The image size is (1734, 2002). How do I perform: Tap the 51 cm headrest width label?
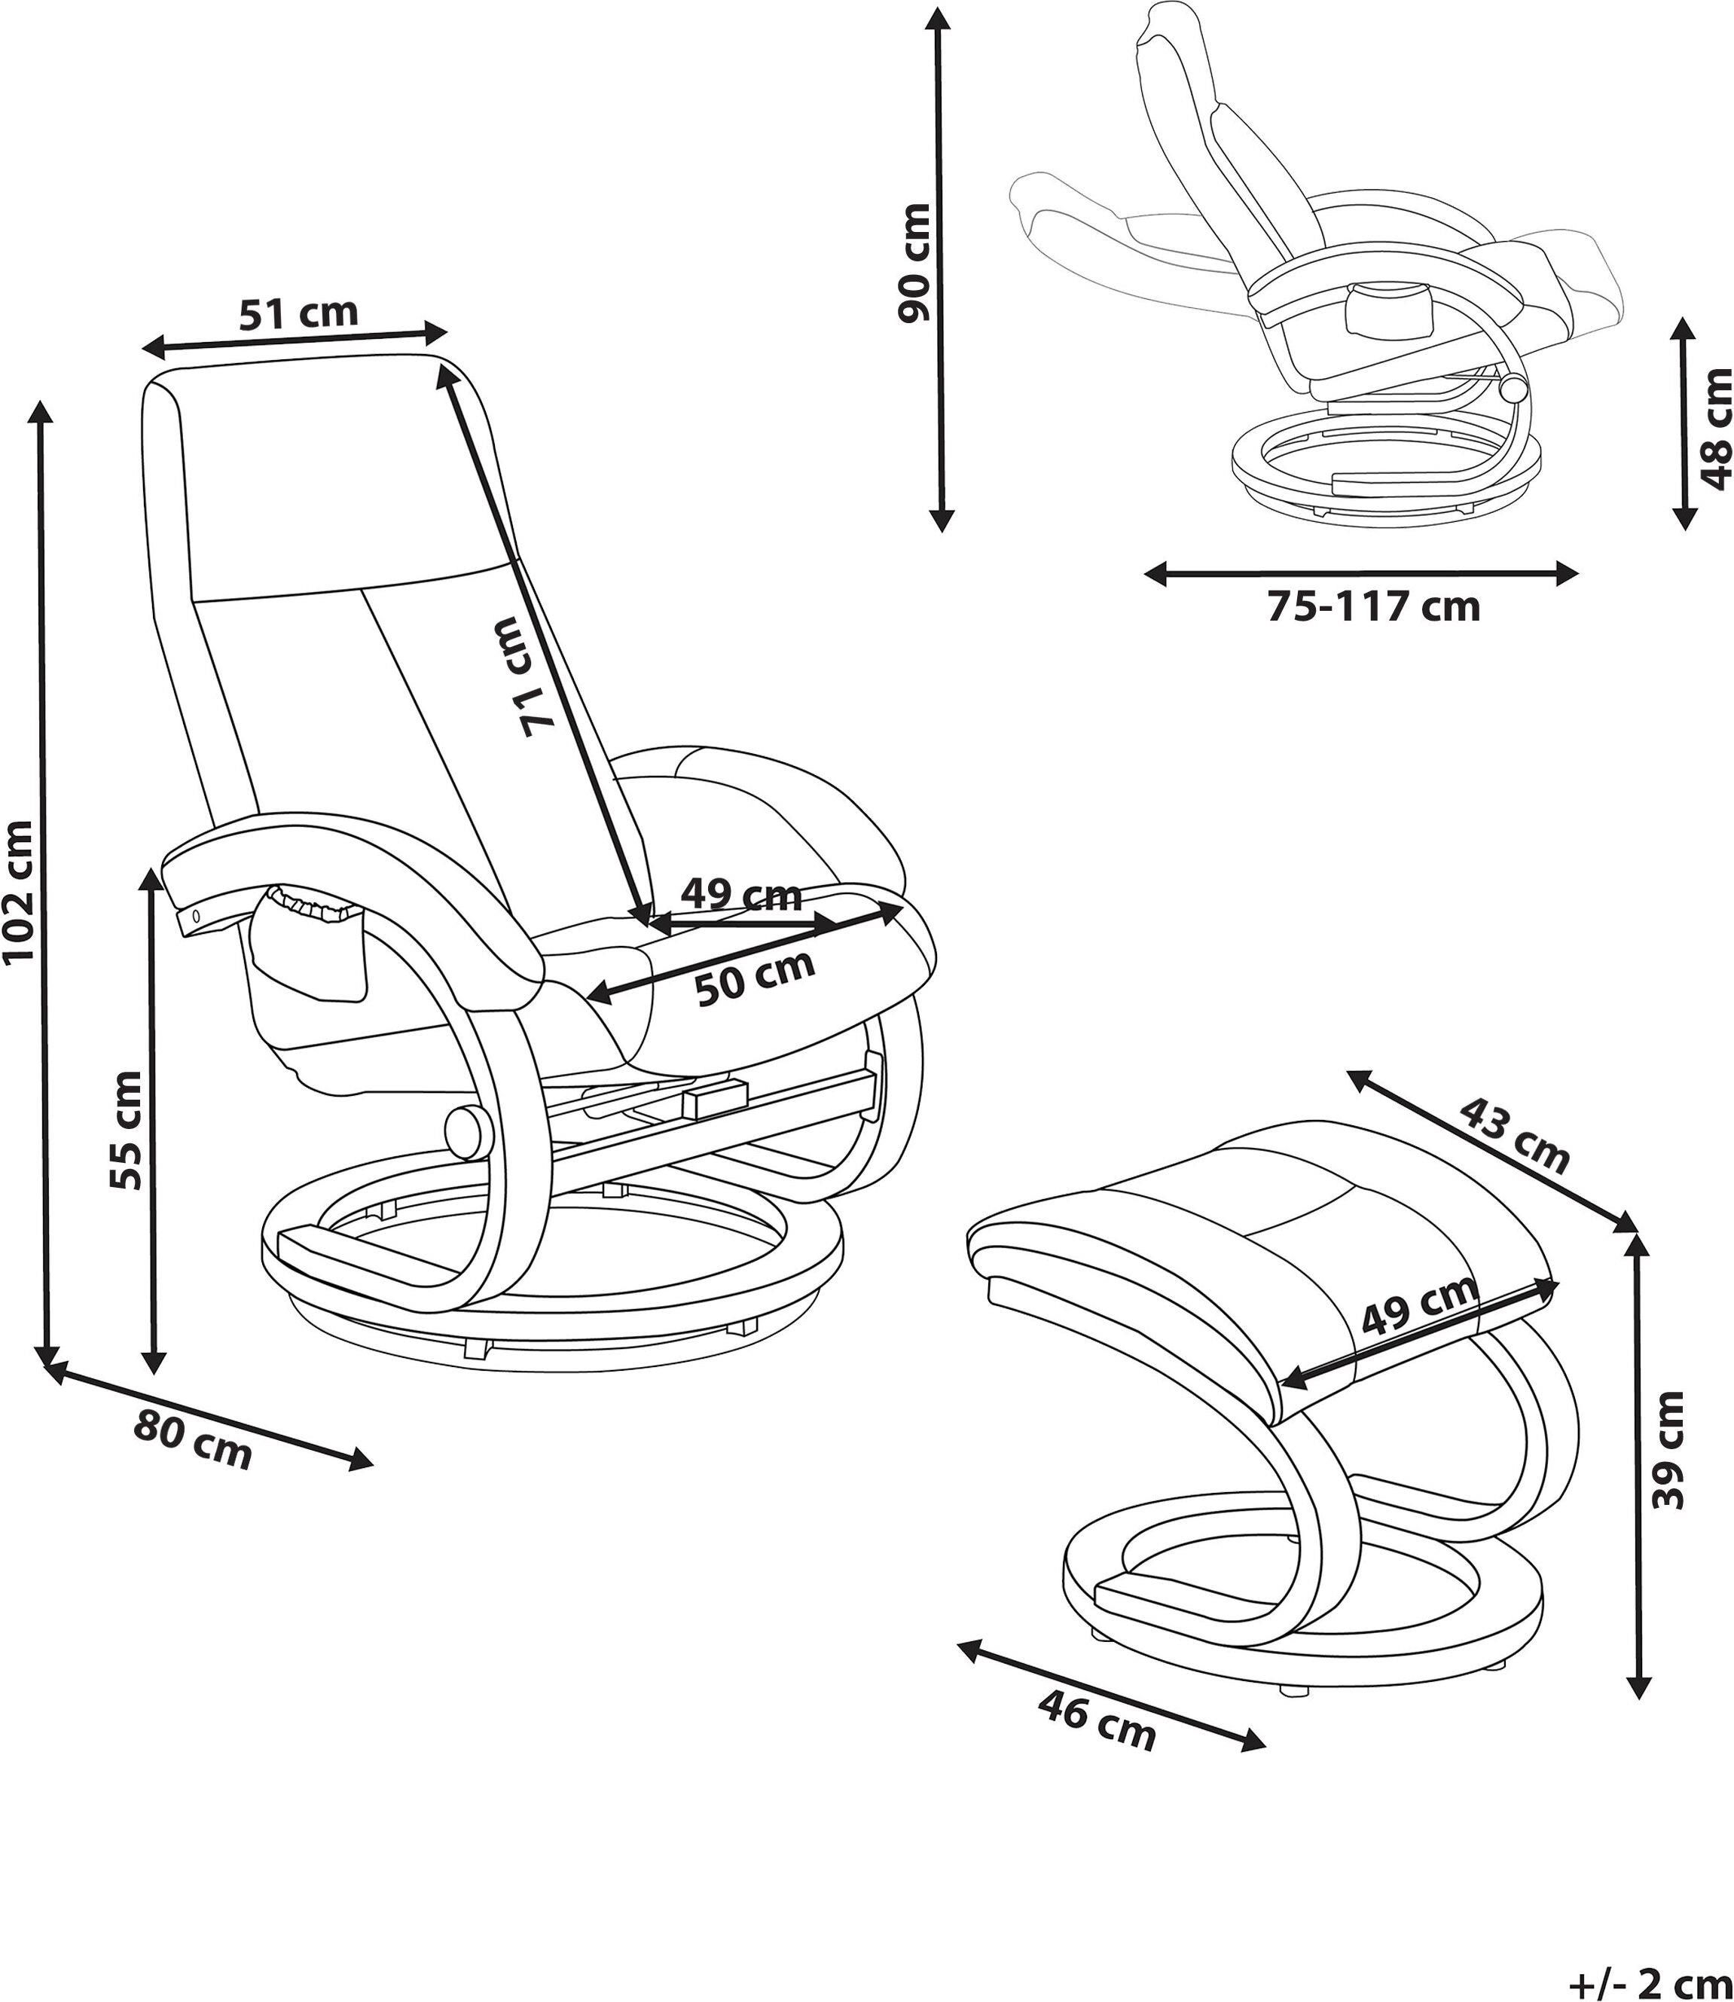[x=299, y=313]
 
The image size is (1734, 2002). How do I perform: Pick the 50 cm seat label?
[x=756, y=978]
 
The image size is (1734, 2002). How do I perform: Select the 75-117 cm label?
[x=1374, y=606]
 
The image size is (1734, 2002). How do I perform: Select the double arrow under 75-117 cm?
[x=1360, y=574]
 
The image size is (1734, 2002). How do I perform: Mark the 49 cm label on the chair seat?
[x=741, y=894]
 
